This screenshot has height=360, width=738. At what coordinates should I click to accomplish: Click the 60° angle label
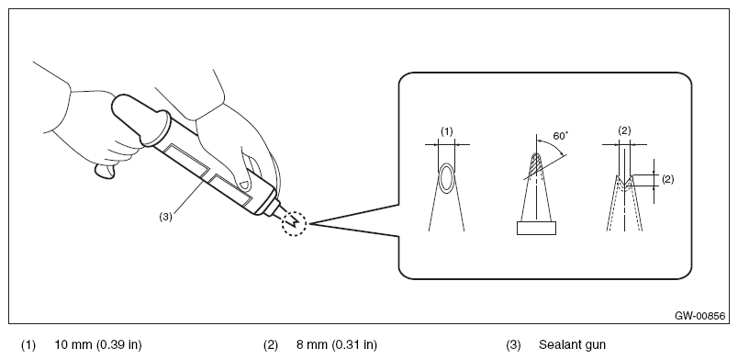(561, 136)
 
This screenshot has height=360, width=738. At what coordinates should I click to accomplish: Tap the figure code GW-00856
(699, 316)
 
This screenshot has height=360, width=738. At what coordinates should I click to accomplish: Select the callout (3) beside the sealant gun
(165, 217)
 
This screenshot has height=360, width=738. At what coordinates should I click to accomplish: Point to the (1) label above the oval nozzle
(447, 131)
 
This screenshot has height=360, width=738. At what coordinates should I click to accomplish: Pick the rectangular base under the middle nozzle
(536, 228)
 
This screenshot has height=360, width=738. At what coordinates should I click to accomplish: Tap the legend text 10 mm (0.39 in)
(98, 344)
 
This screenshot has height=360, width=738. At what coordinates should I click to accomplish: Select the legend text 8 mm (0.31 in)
(337, 344)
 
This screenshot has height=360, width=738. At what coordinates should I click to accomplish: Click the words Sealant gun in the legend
(572, 344)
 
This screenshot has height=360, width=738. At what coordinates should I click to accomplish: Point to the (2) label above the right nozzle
(624, 131)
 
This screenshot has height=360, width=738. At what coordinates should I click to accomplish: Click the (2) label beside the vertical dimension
(667, 179)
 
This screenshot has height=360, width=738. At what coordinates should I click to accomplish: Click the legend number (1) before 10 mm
(28, 345)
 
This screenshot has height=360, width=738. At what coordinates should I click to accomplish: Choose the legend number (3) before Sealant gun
(513, 345)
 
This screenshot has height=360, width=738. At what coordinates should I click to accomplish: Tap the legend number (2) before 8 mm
(271, 345)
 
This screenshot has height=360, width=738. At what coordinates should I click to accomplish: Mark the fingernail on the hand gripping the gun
(243, 183)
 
